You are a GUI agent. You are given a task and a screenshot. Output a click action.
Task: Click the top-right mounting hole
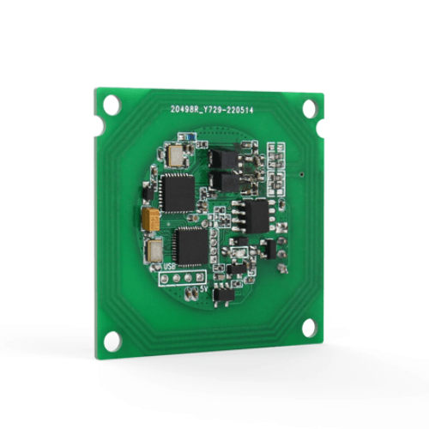(x=311, y=107)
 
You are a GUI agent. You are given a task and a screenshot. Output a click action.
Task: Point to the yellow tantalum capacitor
(x=150, y=219)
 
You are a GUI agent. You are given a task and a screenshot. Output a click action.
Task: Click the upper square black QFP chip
(x=178, y=191)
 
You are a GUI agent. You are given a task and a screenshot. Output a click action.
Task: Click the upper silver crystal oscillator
(x=178, y=154)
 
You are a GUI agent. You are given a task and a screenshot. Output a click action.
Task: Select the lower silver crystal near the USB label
(x=156, y=251)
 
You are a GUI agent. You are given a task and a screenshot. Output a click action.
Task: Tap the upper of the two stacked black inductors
(x=225, y=159)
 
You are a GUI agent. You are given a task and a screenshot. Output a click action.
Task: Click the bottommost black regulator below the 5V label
(x=221, y=296)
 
